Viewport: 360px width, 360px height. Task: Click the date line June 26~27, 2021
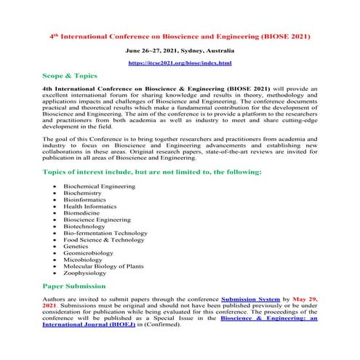pyautogui.click(x=180, y=51)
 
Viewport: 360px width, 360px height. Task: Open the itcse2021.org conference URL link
pyautogui.click(x=180, y=64)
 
